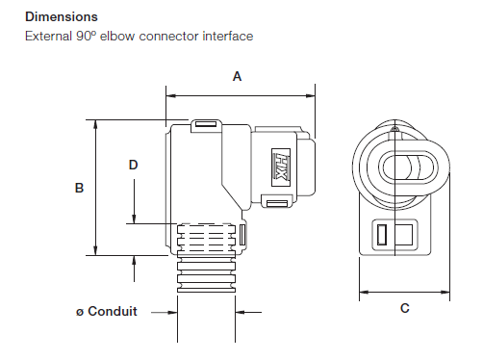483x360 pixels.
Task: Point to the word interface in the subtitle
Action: (x=227, y=37)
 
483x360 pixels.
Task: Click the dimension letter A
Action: (x=237, y=77)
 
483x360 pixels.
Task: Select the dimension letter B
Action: (x=79, y=189)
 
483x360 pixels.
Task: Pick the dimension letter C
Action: (x=404, y=308)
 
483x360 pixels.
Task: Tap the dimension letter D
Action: (x=134, y=165)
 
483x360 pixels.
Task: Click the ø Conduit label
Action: (x=107, y=311)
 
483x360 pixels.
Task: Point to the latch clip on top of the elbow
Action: (x=204, y=124)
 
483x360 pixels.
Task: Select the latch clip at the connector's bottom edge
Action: (x=277, y=202)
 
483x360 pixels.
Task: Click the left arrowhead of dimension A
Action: (x=169, y=94)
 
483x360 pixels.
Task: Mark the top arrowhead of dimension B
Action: (x=94, y=124)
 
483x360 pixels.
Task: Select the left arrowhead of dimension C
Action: (x=363, y=292)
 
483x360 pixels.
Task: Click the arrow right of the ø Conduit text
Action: (x=241, y=311)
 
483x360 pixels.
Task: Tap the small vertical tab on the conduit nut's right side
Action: (x=243, y=233)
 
